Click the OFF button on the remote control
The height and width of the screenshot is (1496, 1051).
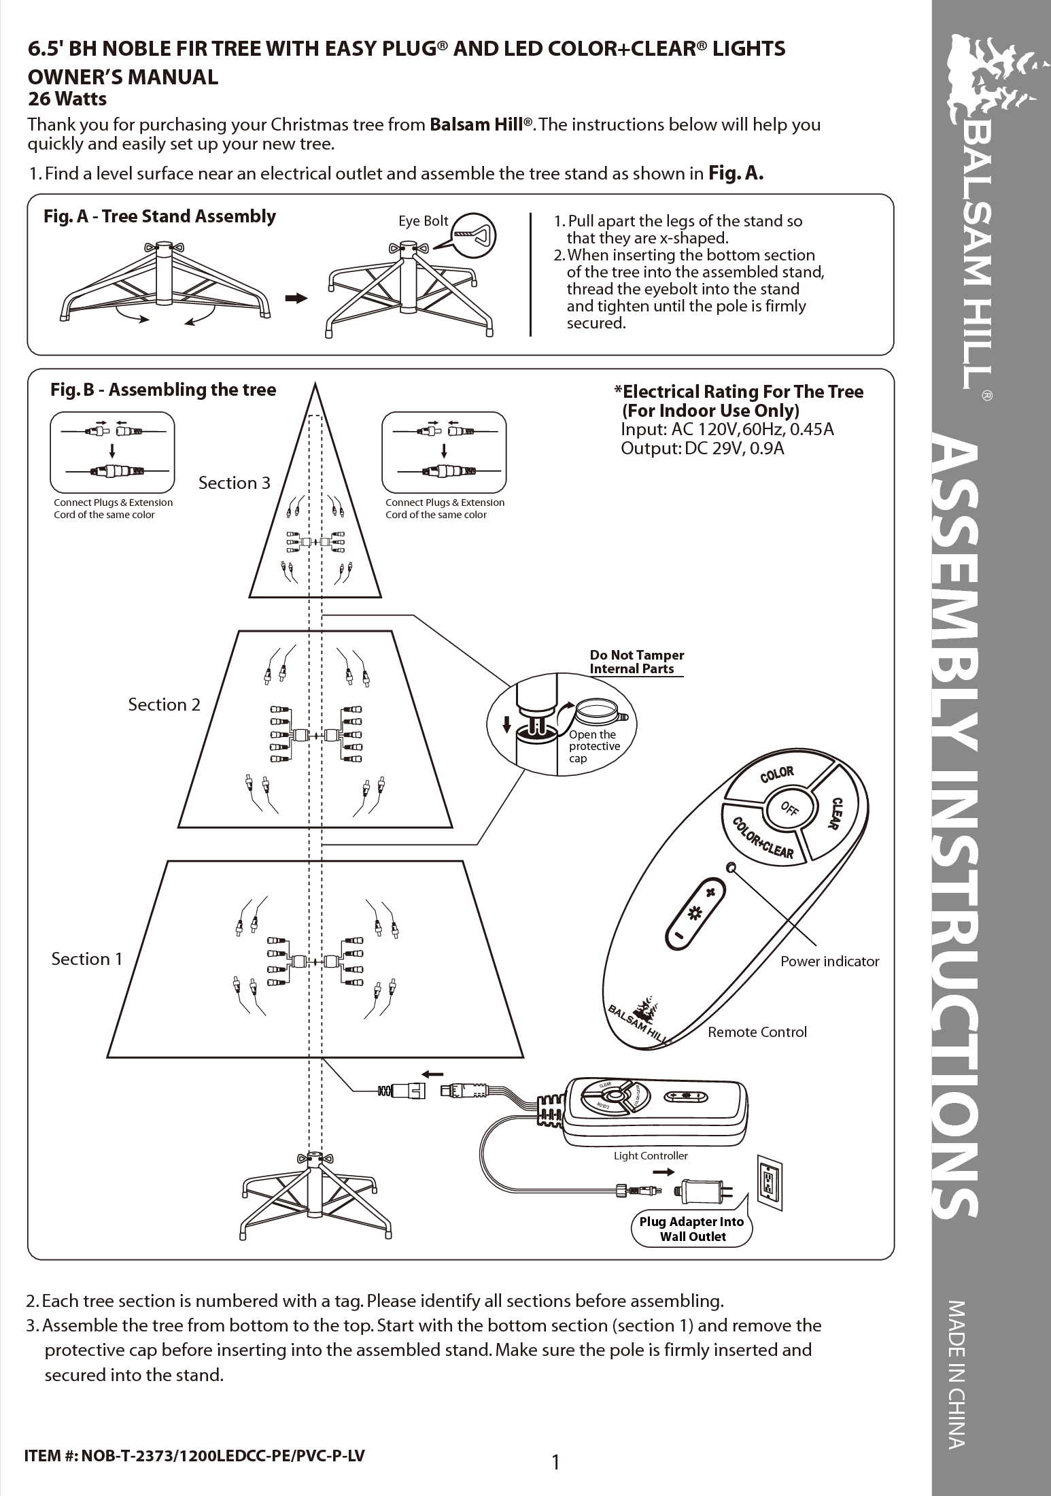click(788, 809)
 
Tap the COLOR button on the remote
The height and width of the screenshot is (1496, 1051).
click(776, 775)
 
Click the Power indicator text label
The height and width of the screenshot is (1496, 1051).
click(829, 962)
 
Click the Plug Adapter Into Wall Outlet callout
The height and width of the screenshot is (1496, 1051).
click(692, 1229)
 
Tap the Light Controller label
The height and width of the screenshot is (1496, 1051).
click(651, 1155)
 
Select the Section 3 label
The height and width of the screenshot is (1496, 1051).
click(234, 483)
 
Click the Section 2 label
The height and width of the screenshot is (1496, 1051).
click(164, 704)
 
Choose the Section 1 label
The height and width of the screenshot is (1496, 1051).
click(87, 959)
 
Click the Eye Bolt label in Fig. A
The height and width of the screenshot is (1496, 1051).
click(423, 221)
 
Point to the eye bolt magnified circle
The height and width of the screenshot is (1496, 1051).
click(474, 235)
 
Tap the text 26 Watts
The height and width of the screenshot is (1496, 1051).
click(67, 99)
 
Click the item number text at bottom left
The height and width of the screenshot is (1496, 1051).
click(194, 1456)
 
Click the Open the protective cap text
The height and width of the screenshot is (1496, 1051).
click(594, 746)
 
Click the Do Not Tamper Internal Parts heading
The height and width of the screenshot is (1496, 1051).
click(636, 662)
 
